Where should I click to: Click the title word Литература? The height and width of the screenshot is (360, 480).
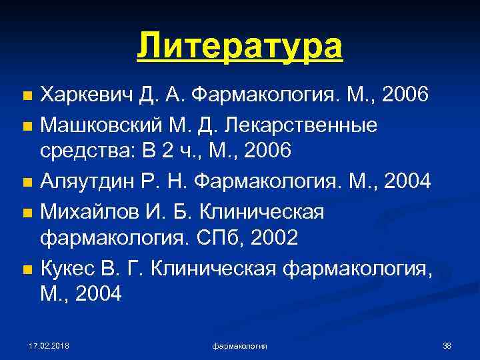pos(240,46)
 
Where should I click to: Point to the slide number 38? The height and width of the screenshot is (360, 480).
pos(447,345)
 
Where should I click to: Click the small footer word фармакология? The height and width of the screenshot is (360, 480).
pos(240,346)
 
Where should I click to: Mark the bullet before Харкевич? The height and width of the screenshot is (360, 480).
pos(27,97)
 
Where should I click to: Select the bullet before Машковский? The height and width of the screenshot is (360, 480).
pos(27,126)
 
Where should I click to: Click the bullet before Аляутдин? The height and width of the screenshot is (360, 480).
pos(27,183)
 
